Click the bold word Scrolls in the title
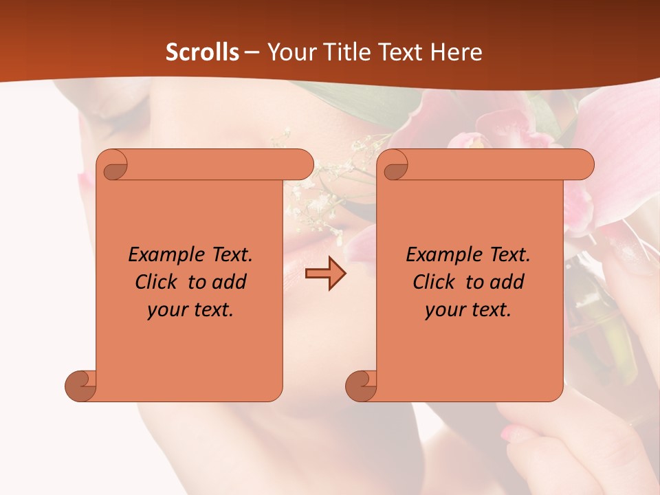(202, 52)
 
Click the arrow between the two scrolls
(325, 274)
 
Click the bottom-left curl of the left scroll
(81, 385)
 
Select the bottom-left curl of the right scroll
(361, 385)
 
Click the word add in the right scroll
(507, 283)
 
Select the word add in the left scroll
(230, 283)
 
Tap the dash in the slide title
(252, 52)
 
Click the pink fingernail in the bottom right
(514, 432)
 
